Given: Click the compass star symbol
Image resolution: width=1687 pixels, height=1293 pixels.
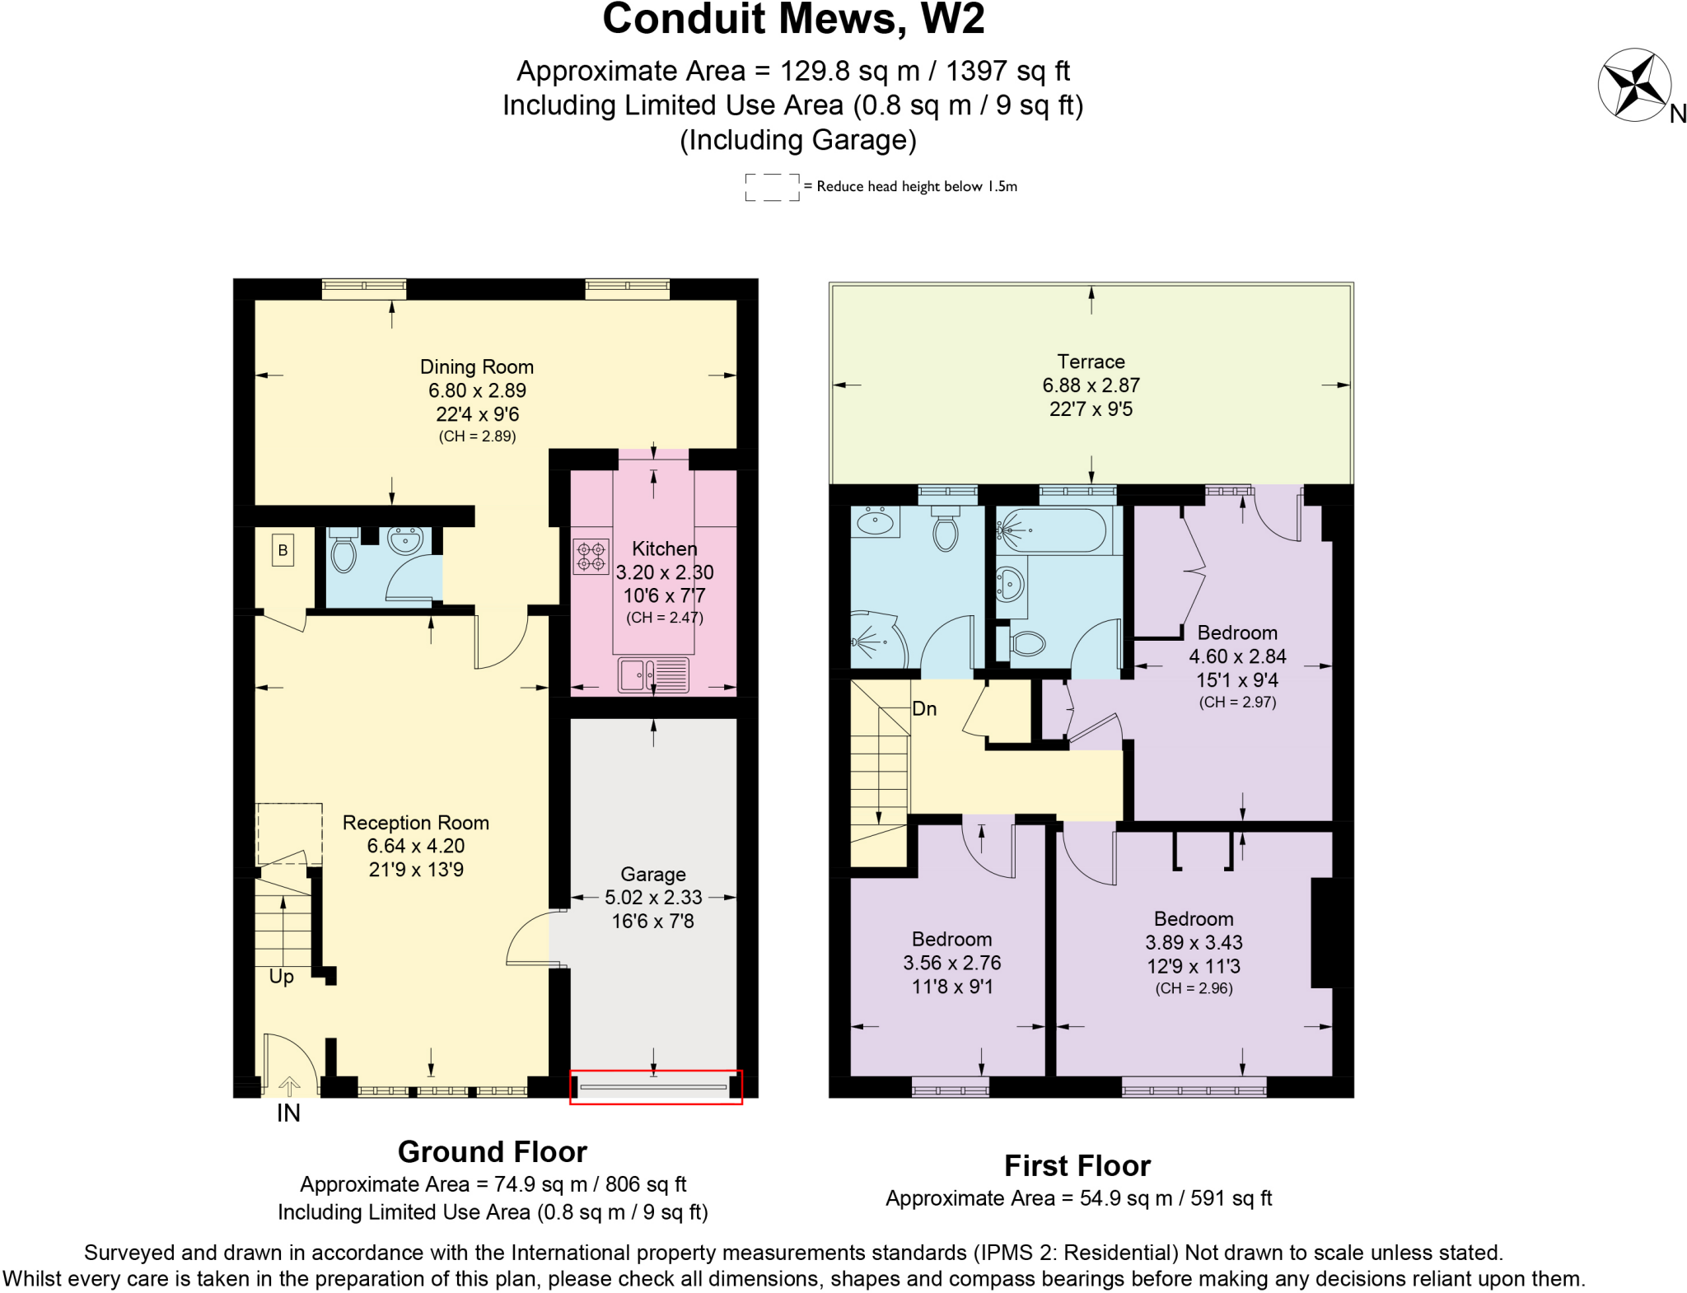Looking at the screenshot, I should (1634, 85).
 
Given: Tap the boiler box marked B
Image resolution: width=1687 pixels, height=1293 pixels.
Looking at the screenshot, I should (283, 550).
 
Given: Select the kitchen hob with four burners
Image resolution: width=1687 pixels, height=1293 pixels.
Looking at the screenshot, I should (591, 556).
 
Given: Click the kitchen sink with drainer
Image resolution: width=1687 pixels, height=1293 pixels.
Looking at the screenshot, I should (653, 675).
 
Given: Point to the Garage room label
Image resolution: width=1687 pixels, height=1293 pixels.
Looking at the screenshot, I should (653, 875).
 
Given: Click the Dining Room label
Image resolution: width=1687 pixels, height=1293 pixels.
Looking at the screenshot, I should (477, 367).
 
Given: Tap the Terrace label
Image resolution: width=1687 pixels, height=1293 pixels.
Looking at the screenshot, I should (1091, 362).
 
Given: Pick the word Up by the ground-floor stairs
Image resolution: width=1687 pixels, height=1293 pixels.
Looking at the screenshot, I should (282, 977).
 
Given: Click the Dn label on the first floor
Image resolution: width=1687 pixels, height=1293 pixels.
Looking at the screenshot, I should (924, 709).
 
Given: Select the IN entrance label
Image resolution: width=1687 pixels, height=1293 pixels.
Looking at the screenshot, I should (288, 1113).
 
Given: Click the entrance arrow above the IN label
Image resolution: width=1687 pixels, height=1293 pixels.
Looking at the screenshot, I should (289, 1086).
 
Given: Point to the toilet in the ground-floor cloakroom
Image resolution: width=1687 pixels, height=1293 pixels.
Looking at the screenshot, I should (343, 552).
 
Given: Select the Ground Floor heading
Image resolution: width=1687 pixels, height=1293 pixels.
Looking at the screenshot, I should (493, 1151).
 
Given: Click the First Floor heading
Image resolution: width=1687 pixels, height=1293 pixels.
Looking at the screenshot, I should (1077, 1166).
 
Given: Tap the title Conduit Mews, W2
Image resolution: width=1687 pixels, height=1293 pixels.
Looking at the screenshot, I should (793, 20).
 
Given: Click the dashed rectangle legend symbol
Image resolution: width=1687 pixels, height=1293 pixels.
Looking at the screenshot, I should (772, 187).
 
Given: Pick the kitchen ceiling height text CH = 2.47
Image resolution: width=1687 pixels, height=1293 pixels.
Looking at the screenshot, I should (665, 618).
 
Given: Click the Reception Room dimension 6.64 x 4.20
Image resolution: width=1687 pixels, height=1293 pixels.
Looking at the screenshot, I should (416, 846).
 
